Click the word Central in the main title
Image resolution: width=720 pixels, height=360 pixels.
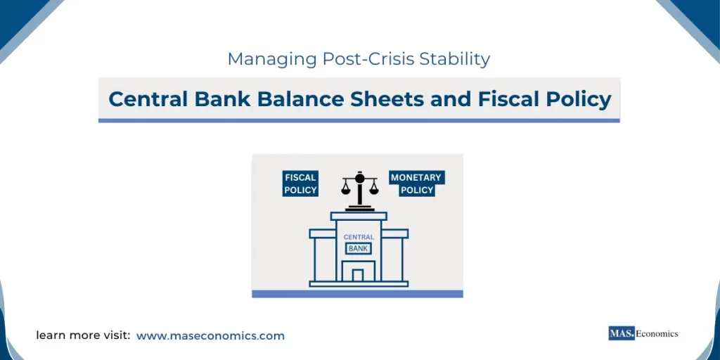click(x=145, y=99)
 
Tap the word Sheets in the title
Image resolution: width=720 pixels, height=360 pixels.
click(x=388, y=99)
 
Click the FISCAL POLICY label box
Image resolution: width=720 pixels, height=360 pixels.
click(x=300, y=184)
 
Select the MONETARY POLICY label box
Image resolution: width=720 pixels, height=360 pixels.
click(x=417, y=184)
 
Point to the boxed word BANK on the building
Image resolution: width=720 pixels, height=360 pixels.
click(x=359, y=248)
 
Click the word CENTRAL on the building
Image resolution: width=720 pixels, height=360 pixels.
click(x=359, y=238)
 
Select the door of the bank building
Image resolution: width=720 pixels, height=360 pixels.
click(x=359, y=275)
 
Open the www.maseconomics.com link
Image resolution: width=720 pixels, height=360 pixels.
click(x=210, y=336)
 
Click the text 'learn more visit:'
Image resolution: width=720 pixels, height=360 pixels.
click(x=83, y=336)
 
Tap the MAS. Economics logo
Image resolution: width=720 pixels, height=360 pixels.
click(x=643, y=334)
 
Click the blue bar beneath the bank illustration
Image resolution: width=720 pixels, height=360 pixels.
click(x=357, y=294)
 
